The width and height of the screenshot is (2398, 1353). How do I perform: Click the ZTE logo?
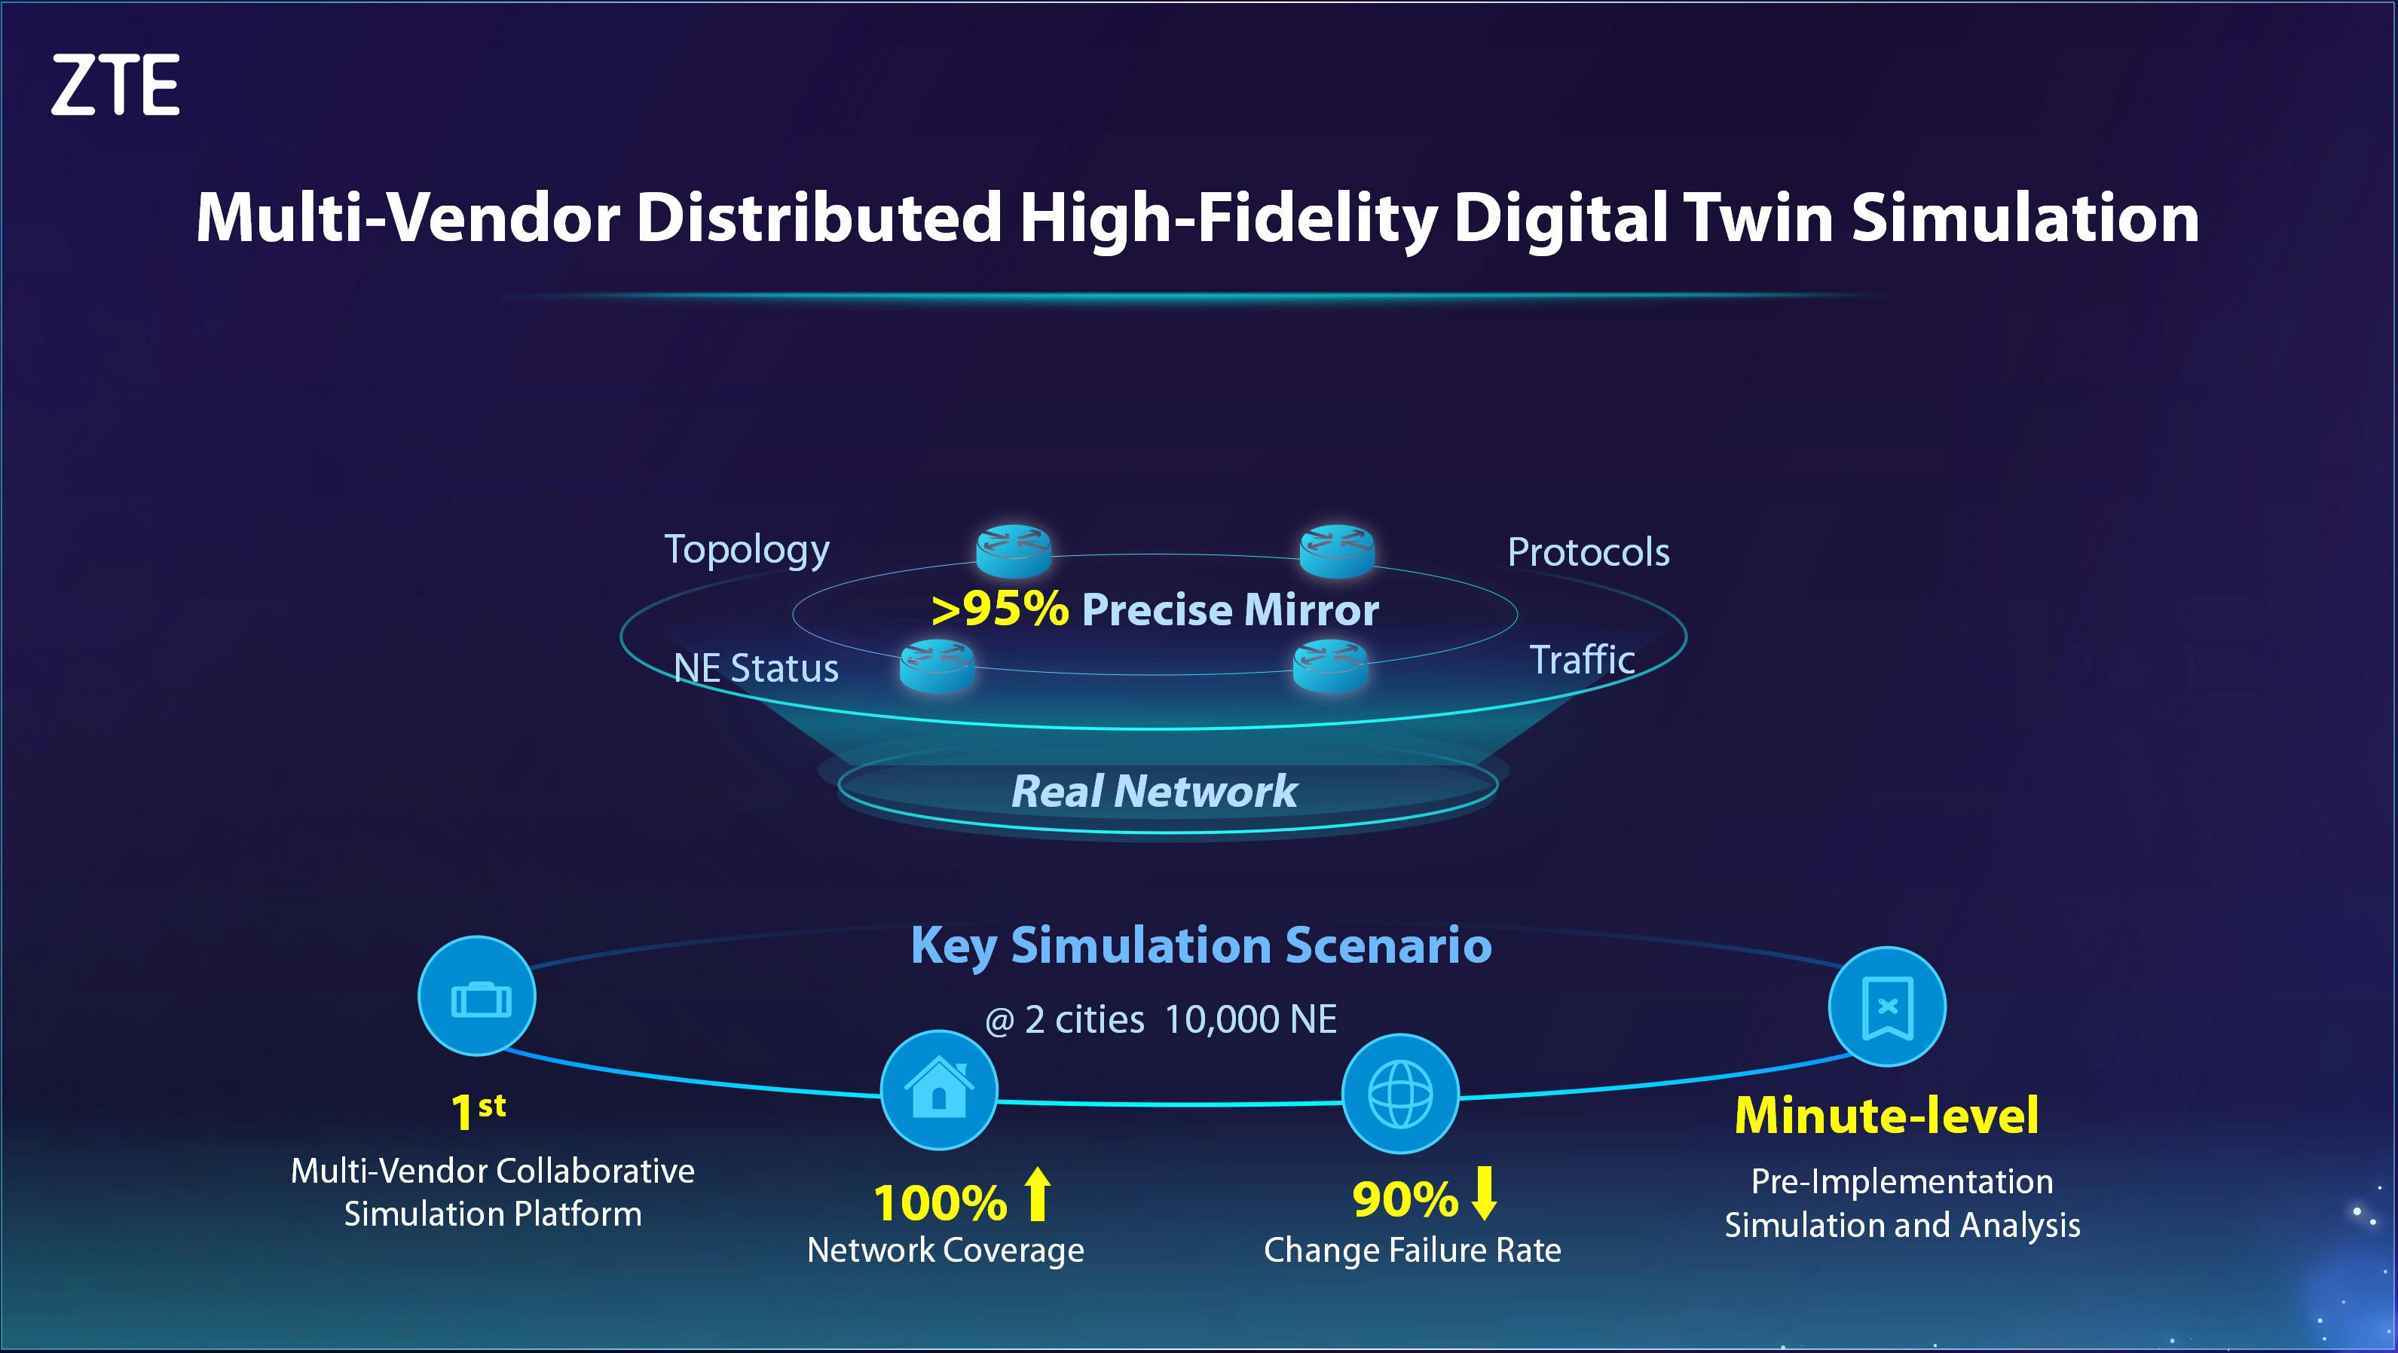click(x=115, y=84)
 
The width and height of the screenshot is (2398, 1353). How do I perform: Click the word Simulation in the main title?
click(x=2025, y=218)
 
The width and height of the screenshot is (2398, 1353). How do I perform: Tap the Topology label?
click(x=747, y=551)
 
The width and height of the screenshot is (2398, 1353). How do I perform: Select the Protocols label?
click(x=1588, y=553)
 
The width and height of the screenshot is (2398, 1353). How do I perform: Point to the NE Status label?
click(x=756, y=668)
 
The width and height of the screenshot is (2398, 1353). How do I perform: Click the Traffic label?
click(x=1583, y=660)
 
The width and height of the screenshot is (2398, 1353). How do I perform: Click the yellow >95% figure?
click(x=1000, y=610)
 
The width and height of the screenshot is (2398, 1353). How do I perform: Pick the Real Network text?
click(x=1155, y=791)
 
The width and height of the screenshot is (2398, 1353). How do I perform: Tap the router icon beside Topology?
click(x=1014, y=550)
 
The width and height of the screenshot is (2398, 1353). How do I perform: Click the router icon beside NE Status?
click(x=937, y=664)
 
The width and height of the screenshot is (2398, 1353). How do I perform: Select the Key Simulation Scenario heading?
click(x=1201, y=946)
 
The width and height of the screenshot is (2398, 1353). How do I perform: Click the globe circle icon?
click(x=1400, y=1093)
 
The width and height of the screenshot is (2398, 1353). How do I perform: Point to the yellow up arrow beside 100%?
click(x=1038, y=1195)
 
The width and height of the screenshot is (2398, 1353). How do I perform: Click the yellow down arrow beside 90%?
click(x=1485, y=1193)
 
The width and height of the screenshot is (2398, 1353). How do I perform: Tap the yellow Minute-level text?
click(x=1887, y=1115)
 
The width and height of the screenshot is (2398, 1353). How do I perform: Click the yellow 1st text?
click(x=479, y=1111)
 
